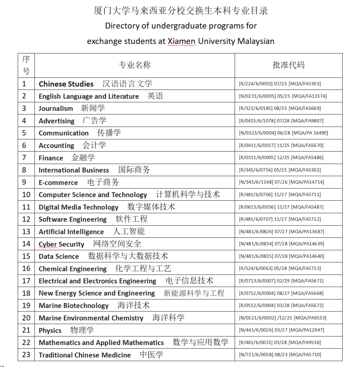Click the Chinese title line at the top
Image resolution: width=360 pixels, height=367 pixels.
click(181, 11)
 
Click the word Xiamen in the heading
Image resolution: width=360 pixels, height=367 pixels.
click(182, 41)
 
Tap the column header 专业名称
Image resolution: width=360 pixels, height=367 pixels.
click(135, 65)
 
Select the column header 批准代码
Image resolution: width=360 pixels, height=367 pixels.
click(288, 65)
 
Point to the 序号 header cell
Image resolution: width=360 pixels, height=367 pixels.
click(26, 65)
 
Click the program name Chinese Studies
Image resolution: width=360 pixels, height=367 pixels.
click(66, 84)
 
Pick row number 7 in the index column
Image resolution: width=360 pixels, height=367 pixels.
click(24, 158)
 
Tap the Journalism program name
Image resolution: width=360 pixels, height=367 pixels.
click(56, 109)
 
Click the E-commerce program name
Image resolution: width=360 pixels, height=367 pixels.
click(58, 183)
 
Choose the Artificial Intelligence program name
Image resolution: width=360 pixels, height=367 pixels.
click(71, 232)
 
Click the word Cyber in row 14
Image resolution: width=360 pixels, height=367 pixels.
click(48, 244)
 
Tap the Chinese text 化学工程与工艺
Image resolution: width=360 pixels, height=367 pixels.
click(143, 268)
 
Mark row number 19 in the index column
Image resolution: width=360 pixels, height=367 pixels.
click(26, 305)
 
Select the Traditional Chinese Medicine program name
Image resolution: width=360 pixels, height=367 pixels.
click(85, 355)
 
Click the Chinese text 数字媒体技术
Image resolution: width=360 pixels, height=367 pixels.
click(151, 207)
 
